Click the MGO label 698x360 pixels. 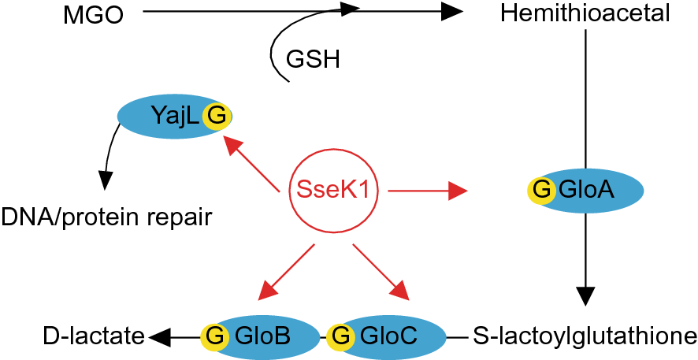[x=94, y=13]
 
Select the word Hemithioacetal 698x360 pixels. [x=585, y=13]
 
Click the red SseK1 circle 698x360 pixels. [x=332, y=190]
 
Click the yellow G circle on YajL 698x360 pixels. [x=216, y=117]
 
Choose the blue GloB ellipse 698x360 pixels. [x=264, y=336]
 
